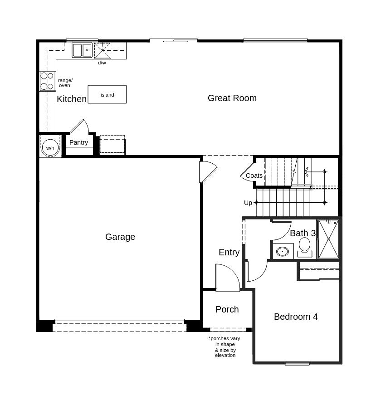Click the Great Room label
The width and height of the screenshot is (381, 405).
[232, 98]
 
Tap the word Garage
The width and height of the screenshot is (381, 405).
[120, 237]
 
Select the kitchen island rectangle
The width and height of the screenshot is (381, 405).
[107, 94]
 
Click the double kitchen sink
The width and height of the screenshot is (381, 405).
[82, 50]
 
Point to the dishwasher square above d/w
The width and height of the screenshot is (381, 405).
[103, 51]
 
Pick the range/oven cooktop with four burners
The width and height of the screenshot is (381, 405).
[48, 81]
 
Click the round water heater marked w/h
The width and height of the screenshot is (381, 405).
[50, 147]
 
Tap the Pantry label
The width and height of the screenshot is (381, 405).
[78, 142]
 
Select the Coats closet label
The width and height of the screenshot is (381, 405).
[254, 176]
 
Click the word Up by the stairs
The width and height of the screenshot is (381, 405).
[248, 203]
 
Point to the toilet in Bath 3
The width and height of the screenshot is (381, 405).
[304, 248]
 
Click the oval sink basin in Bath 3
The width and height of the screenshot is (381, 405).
[283, 251]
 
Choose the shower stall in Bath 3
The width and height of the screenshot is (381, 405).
[328, 239]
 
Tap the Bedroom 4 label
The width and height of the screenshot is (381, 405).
[296, 317]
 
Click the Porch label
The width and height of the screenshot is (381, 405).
[227, 309]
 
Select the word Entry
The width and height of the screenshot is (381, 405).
[229, 252]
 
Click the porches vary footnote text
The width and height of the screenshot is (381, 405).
[225, 346]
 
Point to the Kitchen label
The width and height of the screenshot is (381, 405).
[72, 99]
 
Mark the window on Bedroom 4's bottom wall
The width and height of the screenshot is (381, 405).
[297, 364]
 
